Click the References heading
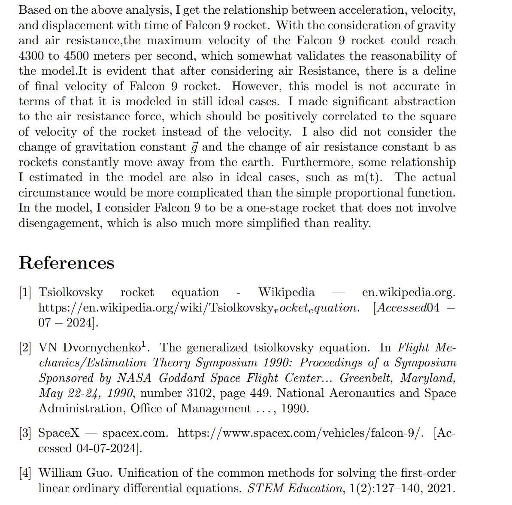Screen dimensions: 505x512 tap(67, 263)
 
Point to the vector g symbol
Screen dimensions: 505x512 tap(194, 147)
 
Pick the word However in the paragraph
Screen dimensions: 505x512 tap(257, 86)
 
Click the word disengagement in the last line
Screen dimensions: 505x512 tap(60, 224)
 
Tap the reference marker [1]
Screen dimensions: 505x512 tap(25, 293)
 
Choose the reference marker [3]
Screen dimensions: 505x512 tap(25, 433)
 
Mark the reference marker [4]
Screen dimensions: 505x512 tap(25, 473)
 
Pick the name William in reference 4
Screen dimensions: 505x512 tap(58, 473)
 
